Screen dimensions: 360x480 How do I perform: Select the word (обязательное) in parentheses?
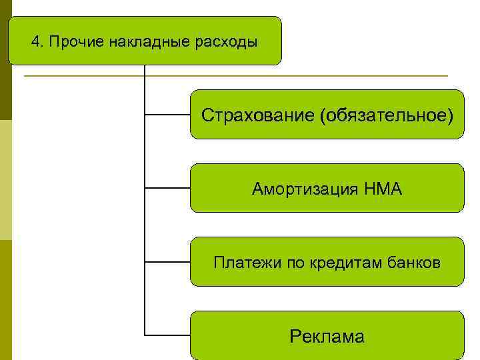tap(386, 116)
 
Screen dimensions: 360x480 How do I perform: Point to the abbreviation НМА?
tap(383, 189)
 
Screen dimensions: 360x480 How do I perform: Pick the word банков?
tap(413, 263)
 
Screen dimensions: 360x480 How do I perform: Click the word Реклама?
tap(327, 337)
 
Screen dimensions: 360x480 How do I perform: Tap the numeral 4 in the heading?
tap(35, 42)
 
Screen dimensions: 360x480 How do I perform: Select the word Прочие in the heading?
tap(69, 42)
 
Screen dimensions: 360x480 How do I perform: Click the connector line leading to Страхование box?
tap(167, 115)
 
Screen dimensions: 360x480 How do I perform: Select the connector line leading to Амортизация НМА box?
tap(167, 188)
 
